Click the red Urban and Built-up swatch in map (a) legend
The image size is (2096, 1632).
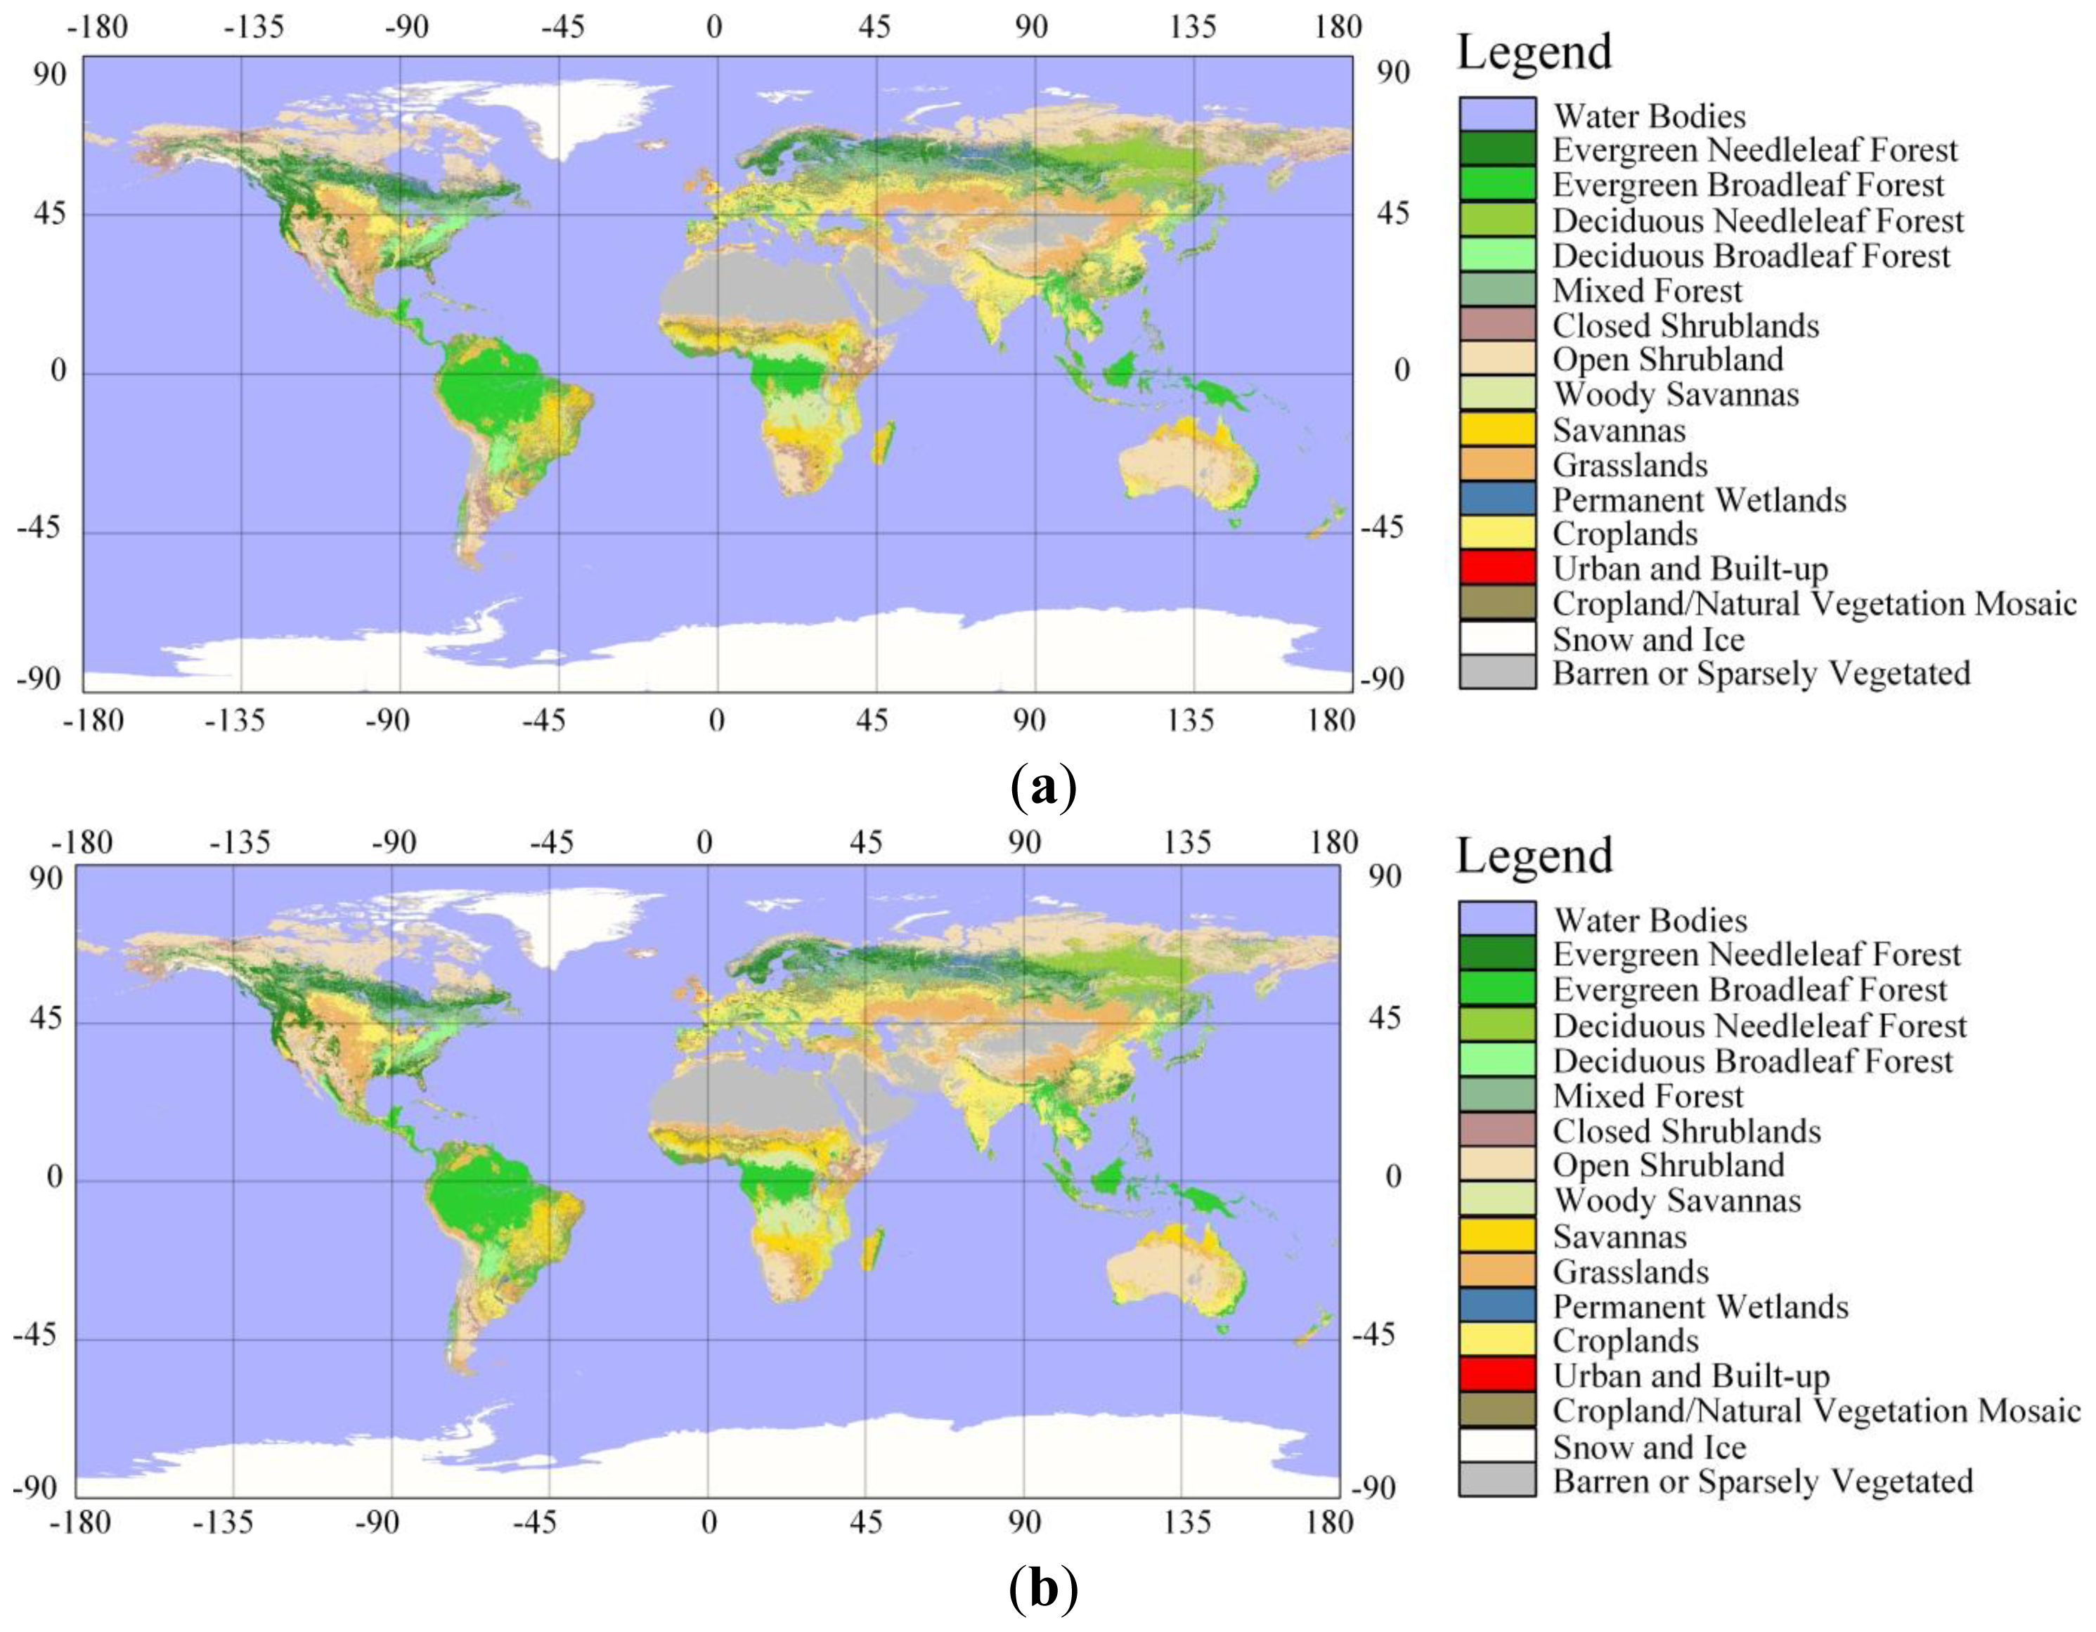1496,568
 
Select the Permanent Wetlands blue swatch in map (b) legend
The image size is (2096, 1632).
1496,1306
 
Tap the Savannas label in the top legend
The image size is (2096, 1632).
1618,430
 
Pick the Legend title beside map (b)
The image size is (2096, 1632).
1534,855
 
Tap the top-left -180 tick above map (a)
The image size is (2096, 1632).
97,27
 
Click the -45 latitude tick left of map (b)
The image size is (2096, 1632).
37,1335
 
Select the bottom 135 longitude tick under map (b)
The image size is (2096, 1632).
1188,1522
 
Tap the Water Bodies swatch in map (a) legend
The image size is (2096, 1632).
1496,115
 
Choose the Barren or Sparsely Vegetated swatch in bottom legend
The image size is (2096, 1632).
1496,1480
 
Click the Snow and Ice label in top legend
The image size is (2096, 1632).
1647,639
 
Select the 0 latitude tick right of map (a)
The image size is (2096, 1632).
1400,370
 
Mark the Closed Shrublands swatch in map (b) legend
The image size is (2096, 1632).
1496,1130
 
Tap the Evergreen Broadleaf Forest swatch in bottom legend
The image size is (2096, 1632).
1496,988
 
